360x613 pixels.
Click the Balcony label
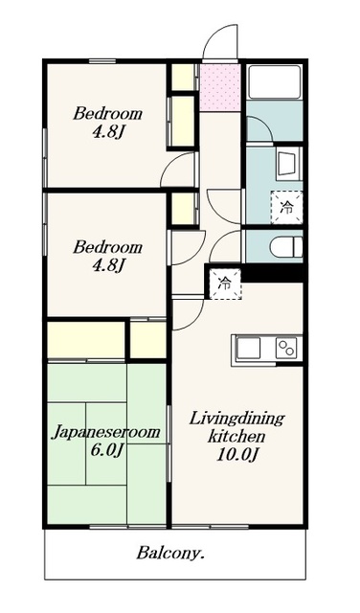(170, 554)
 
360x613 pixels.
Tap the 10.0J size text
(238, 455)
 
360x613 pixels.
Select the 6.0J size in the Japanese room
(107, 450)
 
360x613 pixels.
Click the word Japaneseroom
(106, 432)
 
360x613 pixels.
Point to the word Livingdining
(236, 420)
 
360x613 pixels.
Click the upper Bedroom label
(107, 114)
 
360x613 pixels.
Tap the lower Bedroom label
(107, 247)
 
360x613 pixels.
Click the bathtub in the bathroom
(275, 82)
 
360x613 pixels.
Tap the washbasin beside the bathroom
(289, 164)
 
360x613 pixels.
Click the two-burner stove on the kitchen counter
(286, 348)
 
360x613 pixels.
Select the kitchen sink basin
(249, 348)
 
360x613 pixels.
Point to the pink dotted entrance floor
(220, 87)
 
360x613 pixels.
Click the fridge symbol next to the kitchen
(225, 284)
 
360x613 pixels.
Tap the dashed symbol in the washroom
(287, 207)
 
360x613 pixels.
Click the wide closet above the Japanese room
(86, 339)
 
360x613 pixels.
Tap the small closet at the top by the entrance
(183, 77)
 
